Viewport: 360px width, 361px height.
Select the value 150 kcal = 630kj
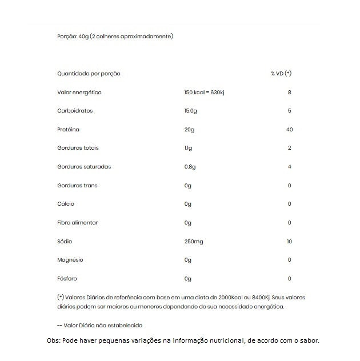tap(205, 93)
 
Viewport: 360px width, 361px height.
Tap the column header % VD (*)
tap(281, 74)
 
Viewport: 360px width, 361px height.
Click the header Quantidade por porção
tap(89, 74)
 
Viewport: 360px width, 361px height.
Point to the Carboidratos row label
tap(75, 111)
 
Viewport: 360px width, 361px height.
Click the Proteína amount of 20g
tap(189, 130)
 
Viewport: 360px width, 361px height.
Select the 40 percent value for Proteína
tap(289, 130)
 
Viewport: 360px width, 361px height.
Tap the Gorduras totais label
tap(78, 148)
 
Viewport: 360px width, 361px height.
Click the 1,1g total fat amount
tap(189, 148)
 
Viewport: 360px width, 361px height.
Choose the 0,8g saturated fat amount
tap(190, 167)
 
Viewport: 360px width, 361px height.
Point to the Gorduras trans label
tap(78, 186)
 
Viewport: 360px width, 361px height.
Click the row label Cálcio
tap(66, 204)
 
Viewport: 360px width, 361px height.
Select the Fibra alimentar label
tap(78, 223)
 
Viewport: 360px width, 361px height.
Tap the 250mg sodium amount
tap(194, 242)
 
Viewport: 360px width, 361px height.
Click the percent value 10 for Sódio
tap(289, 242)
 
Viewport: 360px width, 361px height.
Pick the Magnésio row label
tap(70, 260)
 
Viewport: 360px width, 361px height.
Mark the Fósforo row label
tap(67, 279)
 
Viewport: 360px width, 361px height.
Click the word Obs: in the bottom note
tap(54, 341)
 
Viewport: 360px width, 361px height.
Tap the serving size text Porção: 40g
tap(73, 36)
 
